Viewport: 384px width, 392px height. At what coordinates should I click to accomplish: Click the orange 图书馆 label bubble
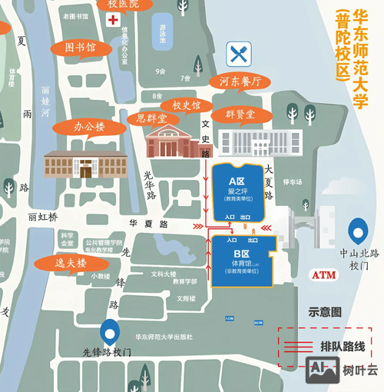click(x=81, y=48)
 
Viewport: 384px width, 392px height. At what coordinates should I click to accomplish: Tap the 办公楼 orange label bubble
click(x=88, y=126)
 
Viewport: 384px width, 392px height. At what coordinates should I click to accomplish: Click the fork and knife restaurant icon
click(x=237, y=54)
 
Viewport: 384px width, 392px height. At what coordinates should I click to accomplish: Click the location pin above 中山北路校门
click(x=356, y=230)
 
